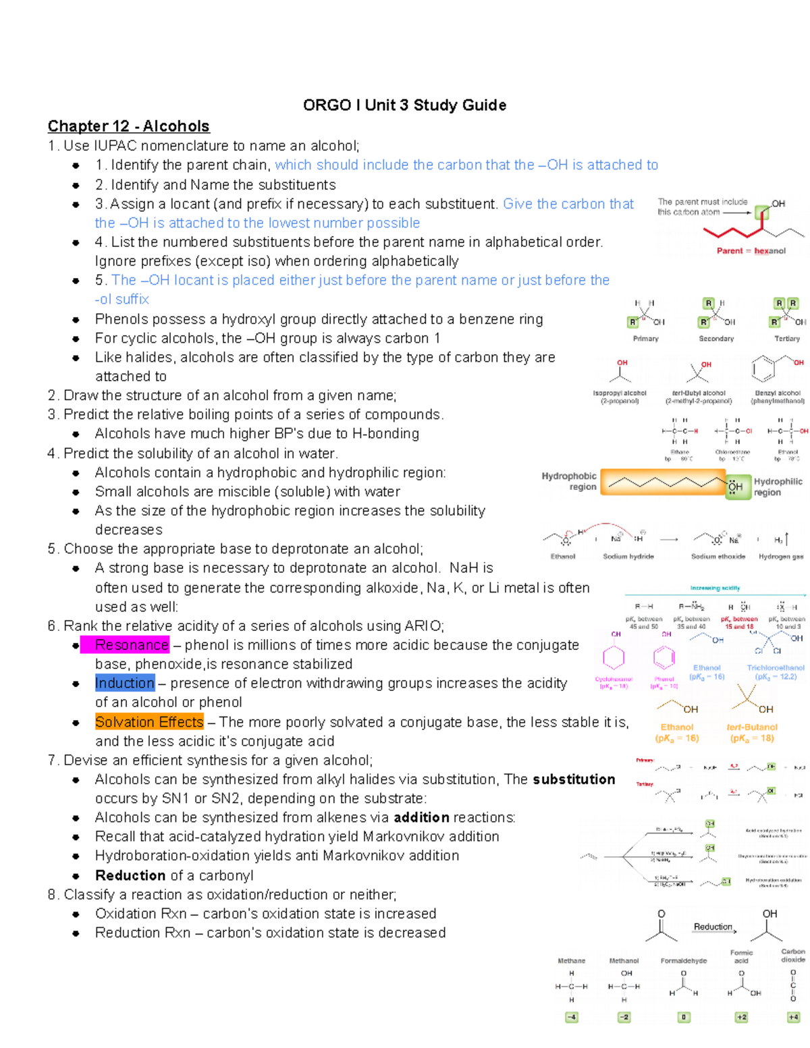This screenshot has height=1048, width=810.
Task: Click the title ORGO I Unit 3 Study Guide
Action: coord(404,105)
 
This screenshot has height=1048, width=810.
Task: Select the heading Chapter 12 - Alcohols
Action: coord(128,126)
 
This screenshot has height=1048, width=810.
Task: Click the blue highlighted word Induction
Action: coord(125,683)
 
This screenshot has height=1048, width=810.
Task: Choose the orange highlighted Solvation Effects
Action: coord(149,722)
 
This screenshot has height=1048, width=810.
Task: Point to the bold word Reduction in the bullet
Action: coord(130,875)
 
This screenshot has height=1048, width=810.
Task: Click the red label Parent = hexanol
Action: coord(751,251)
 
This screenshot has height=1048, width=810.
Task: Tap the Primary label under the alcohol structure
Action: coord(645,339)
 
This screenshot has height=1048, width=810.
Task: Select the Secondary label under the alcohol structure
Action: coord(716,339)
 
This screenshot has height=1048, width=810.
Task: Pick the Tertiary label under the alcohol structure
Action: coord(786,339)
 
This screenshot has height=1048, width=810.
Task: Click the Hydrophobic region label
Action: coord(569,481)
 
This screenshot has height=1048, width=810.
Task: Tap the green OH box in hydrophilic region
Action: coord(736,486)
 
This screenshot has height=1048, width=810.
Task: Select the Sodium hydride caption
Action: coord(628,557)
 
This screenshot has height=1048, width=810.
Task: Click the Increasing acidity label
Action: coord(715,588)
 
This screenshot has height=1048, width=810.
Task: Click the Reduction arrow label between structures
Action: coord(713,927)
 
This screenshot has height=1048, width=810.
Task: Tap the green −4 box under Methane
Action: coord(572,1017)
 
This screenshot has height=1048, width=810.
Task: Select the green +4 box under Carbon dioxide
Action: coord(793,1017)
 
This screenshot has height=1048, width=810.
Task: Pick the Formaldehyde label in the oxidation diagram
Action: coord(684,961)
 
